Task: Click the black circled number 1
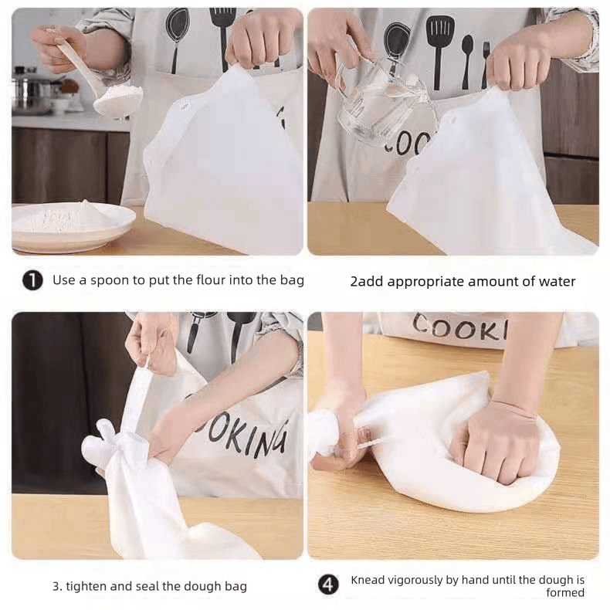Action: [x=32, y=280]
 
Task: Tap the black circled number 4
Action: [x=329, y=585]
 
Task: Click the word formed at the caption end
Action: [x=565, y=592]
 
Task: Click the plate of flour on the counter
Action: [x=73, y=225]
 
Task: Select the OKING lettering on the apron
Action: [x=249, y=438]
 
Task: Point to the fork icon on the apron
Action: [x=486, y=65]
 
